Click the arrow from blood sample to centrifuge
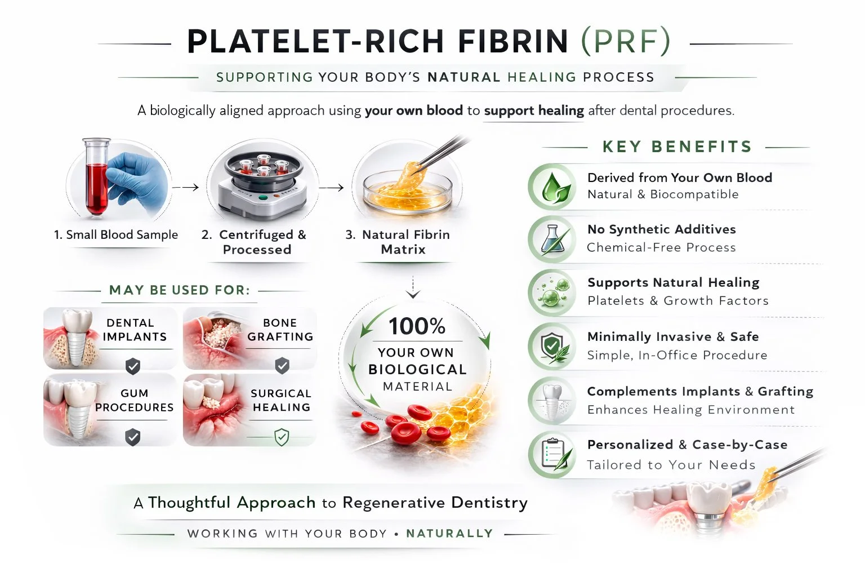(185, 188)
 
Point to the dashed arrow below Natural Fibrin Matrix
(413, 287)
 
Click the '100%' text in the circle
(417, 326)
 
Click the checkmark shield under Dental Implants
(133, 366)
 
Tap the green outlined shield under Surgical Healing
(282, 437)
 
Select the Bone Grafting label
(280, 330)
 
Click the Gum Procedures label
(134, 400)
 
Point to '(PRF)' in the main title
(625, 42)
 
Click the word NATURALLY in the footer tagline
(449, 534)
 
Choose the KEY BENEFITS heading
(677, 147)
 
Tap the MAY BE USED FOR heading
(179, 290)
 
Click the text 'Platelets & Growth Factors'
(677, 301)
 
